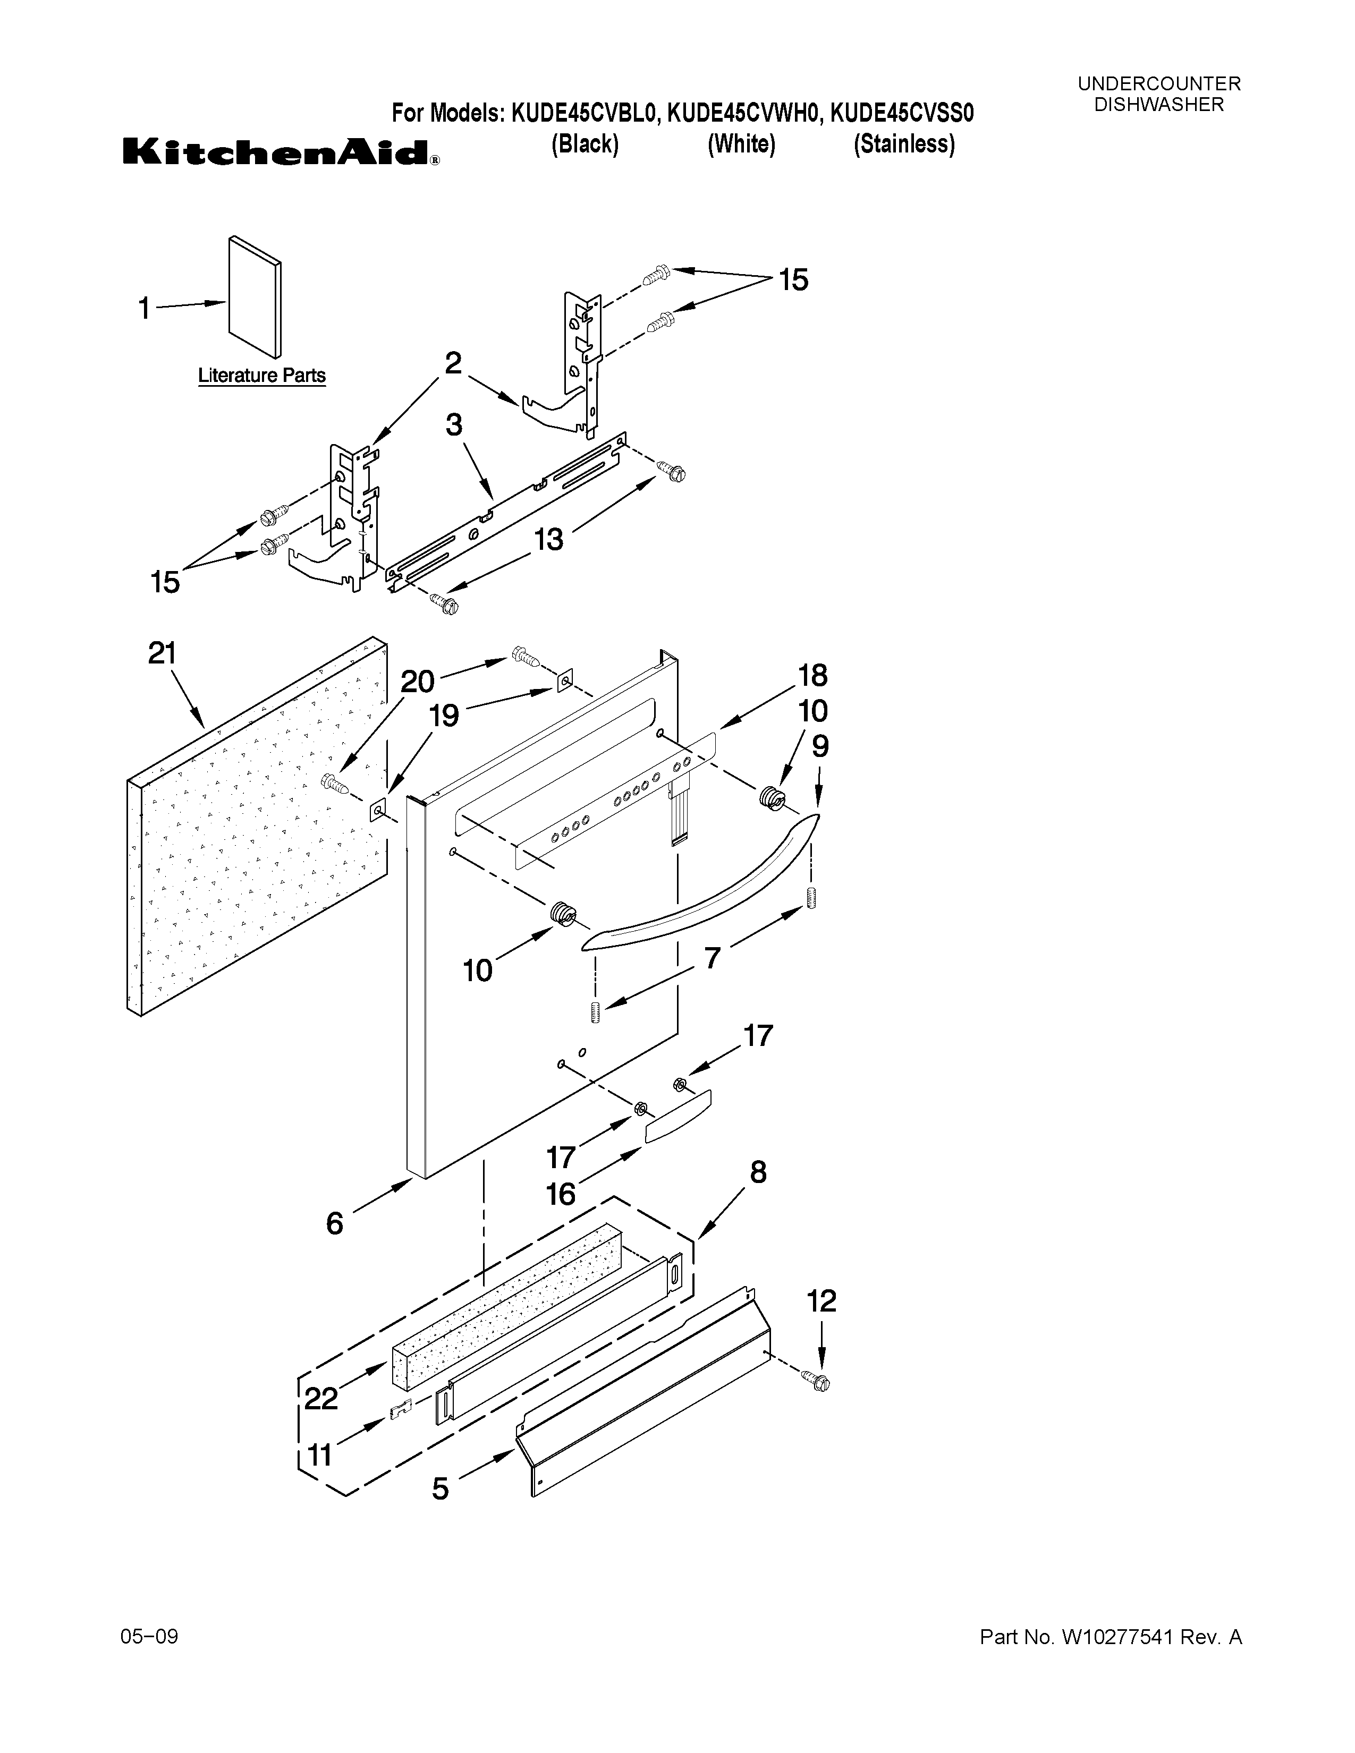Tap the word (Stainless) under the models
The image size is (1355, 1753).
[x=904, y=144]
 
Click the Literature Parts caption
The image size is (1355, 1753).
[x=261, y=376]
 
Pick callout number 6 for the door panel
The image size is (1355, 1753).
[x=335, y=1223]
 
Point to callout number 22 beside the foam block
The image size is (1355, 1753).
[x=321, y=1399]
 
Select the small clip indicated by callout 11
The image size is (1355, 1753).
[x=400, y=1410]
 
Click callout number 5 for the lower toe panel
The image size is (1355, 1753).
[x=440, y=1489]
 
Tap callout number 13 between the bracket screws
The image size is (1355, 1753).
[x=549, y=539]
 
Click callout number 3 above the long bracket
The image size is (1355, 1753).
[x=454, y=424]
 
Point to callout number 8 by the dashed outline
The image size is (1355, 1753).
[x=758, y=1173]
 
